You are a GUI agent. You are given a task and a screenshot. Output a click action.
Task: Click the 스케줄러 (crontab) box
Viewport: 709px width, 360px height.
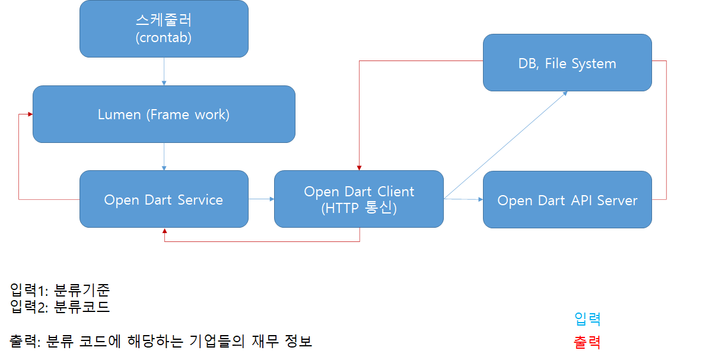164,29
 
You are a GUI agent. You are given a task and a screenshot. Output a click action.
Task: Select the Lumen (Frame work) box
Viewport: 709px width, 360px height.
164,114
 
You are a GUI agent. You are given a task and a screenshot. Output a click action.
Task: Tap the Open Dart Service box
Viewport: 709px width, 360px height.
164,199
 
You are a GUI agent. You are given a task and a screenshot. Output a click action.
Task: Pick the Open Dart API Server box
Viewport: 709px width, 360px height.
567,200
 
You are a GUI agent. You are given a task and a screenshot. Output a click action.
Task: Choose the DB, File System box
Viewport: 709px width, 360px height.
567,63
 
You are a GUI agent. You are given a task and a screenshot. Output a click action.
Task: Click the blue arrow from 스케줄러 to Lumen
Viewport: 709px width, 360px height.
164,72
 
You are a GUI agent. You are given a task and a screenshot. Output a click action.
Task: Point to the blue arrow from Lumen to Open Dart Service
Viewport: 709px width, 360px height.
164,157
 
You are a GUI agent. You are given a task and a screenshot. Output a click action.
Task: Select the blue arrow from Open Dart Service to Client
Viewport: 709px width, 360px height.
261,199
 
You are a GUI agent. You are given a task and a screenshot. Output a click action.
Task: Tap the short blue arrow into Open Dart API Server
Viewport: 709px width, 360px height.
463,199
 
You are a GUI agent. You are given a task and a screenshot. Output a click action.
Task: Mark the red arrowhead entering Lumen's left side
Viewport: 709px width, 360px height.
28,114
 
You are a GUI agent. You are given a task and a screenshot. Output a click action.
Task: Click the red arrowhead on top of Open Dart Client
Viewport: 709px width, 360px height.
359,167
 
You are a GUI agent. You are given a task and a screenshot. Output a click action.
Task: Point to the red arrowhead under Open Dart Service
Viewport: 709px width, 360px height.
164,231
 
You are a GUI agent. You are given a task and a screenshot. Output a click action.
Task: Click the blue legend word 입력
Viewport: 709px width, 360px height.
587,319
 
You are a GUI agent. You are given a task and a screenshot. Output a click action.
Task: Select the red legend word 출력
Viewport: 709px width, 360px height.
587,342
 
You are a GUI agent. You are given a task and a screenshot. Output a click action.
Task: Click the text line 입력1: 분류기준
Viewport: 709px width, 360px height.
60,290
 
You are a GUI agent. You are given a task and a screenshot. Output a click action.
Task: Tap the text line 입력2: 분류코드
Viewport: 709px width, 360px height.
60,307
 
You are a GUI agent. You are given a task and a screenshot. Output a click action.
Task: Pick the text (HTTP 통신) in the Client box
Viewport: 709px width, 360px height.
358,208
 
